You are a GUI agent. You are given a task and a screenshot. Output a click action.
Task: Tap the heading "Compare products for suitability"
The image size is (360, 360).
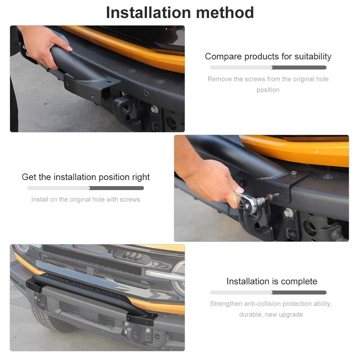268,57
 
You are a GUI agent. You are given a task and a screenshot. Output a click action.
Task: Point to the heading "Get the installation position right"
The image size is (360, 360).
86,177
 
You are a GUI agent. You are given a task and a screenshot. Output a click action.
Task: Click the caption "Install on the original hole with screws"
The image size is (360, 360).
86,199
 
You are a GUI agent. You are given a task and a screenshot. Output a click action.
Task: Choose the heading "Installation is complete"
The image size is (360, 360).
272,281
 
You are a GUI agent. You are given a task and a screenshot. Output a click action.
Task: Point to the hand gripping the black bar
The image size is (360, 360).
45,46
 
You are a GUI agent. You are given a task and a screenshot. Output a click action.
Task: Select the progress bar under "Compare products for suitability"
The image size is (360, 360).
268,68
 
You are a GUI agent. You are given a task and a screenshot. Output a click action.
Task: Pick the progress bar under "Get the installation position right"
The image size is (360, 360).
86,188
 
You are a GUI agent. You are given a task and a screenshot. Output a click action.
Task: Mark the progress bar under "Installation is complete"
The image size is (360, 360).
268,292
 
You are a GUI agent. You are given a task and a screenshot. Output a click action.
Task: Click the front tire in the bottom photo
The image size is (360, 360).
50,319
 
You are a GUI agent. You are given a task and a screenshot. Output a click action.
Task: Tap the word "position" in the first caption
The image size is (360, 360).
268,90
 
